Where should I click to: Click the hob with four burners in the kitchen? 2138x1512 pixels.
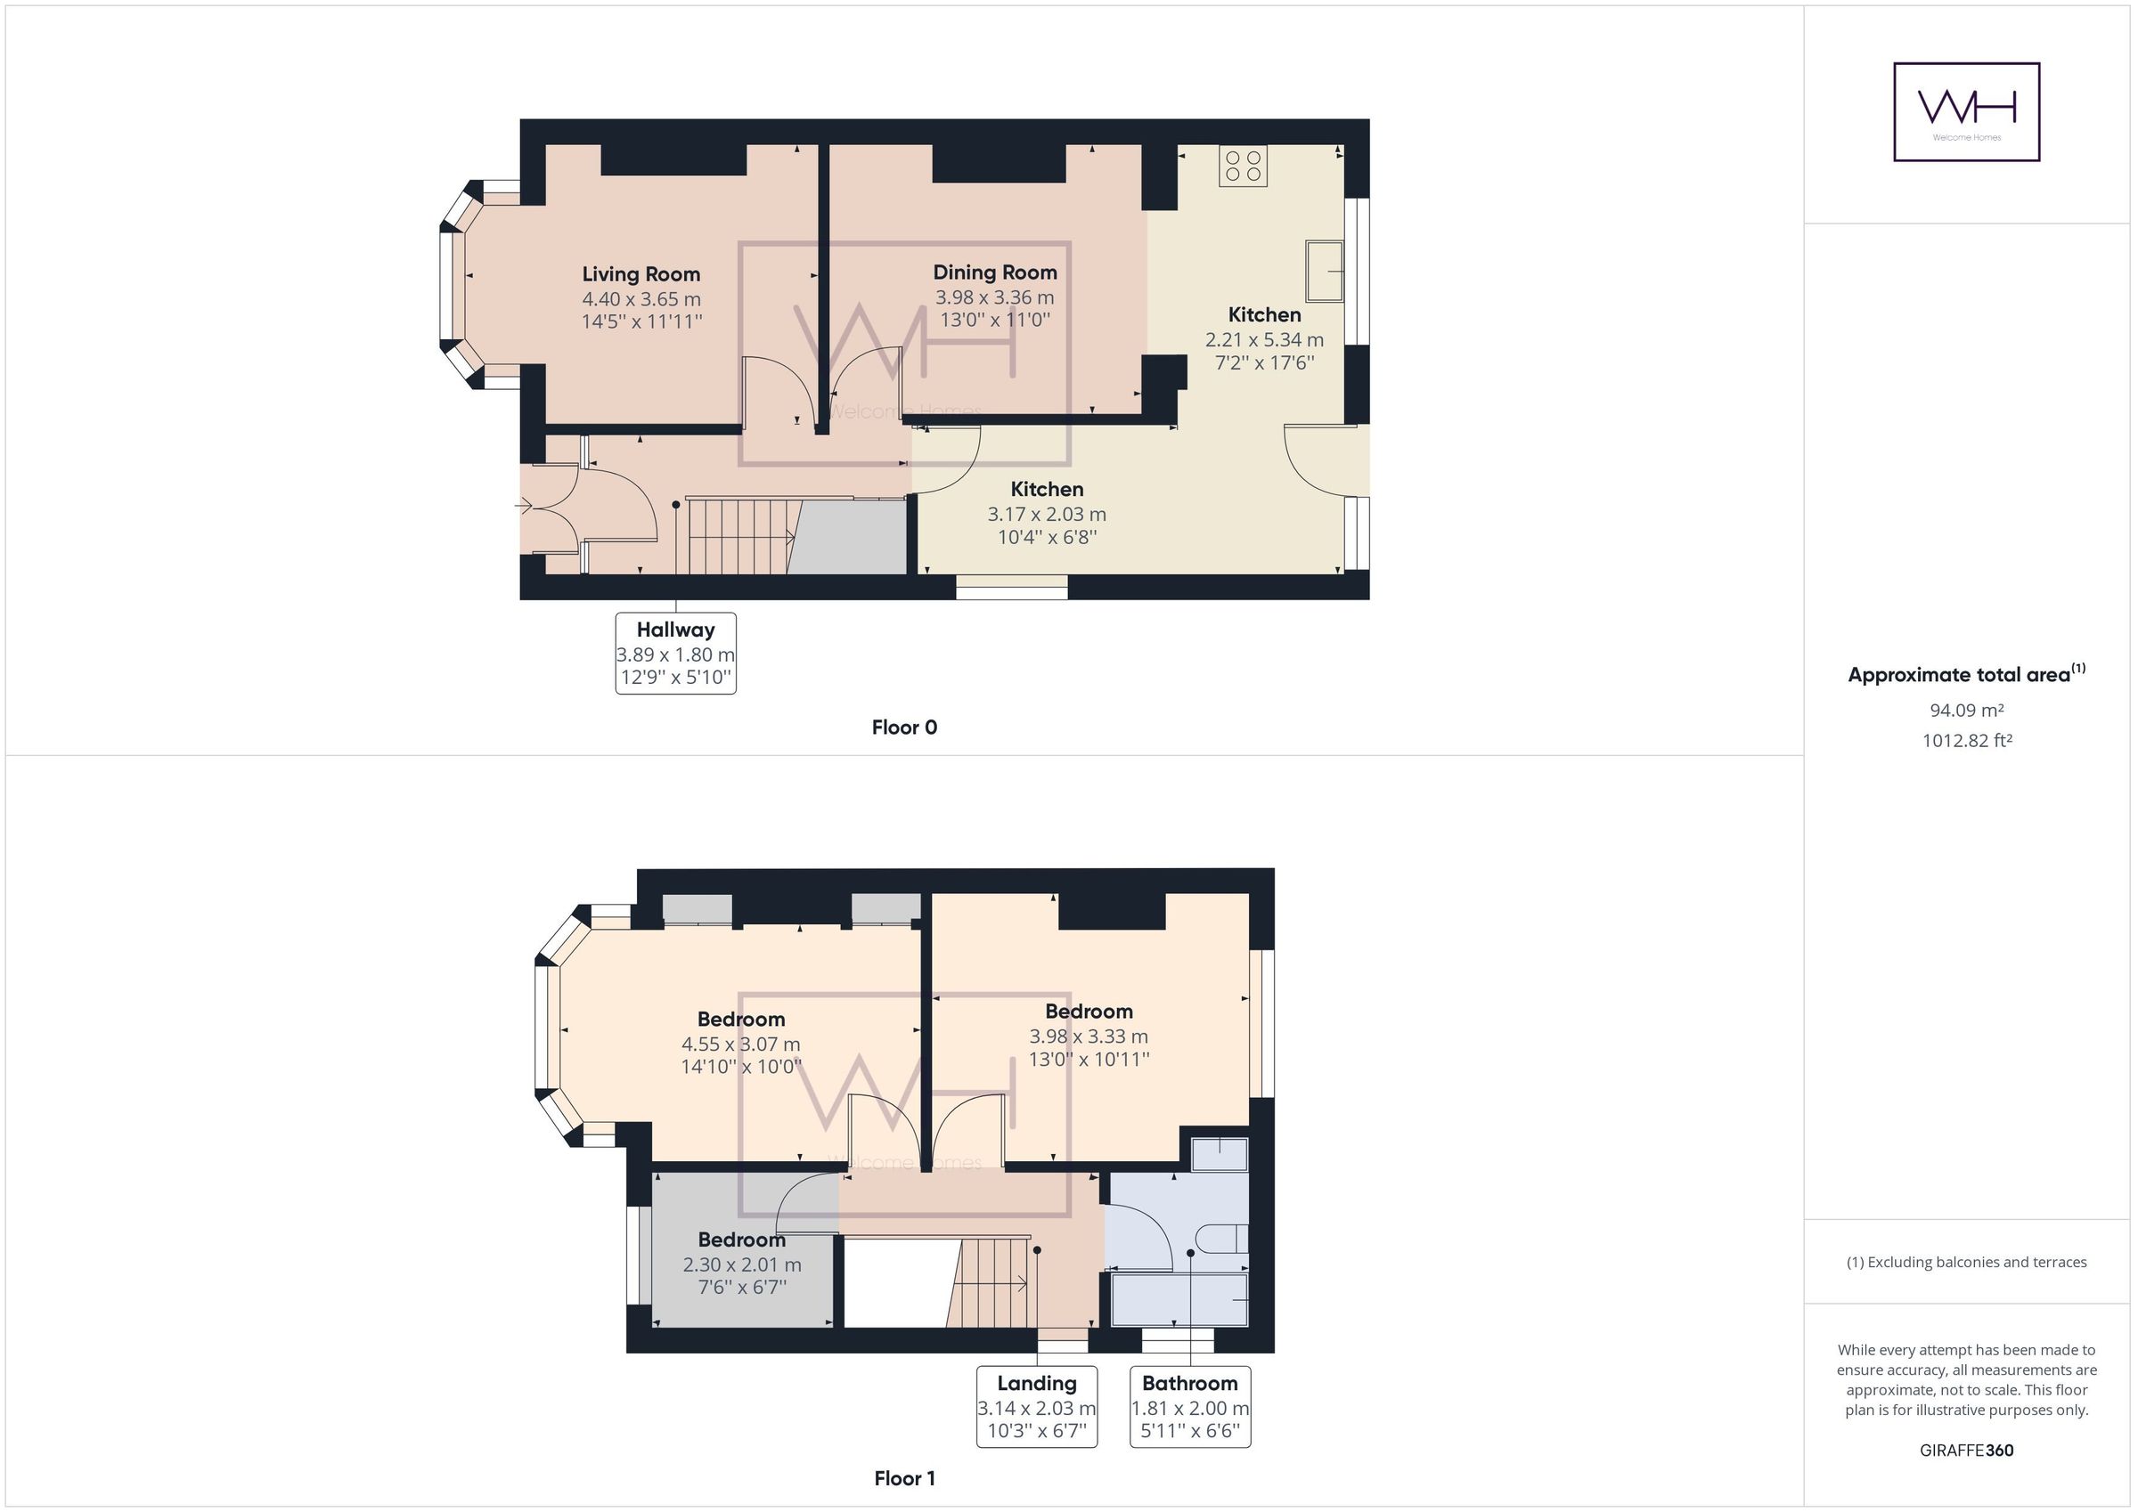(1242, 166)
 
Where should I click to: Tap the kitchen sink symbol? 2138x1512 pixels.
(1324, 271)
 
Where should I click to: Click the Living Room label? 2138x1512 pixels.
(641, 274)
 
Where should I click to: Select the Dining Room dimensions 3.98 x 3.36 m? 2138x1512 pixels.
(994, 298)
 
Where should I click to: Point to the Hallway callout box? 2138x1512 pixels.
(675, 654)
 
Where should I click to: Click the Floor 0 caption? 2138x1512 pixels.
(903, 728)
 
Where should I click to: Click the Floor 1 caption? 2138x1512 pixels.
(903, 1478)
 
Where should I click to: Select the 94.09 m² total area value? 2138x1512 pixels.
(1966, 711)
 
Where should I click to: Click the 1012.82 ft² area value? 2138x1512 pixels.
(1966, 741)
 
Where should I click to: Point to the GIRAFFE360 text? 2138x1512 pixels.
(1966, 1451)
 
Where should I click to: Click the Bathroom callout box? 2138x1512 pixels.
(1189, 1407)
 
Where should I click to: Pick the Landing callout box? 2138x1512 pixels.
(1036, 1407)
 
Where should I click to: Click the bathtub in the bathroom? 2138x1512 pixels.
(1179, 1300)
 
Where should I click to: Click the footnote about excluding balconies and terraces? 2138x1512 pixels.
(1966, 1263)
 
